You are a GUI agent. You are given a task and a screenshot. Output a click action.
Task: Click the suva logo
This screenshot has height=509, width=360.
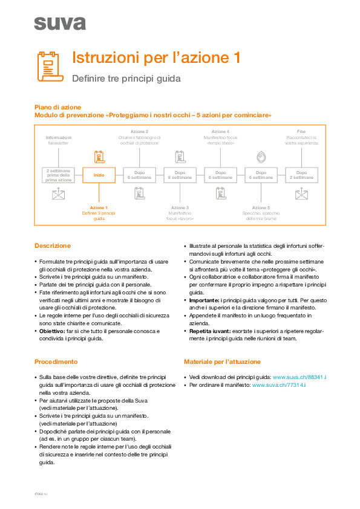(60, 23)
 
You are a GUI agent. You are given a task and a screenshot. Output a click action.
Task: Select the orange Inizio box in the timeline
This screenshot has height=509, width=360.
(99, 175)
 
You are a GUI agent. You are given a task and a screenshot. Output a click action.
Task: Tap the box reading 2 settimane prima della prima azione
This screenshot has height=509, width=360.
(59, 175)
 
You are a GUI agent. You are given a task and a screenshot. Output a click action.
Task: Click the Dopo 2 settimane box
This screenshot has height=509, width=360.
(301, 175)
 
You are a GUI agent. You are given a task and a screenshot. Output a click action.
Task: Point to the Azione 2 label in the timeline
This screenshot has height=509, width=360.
(139, 132)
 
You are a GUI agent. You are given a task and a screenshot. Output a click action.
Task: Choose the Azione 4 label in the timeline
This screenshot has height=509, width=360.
(220, 132)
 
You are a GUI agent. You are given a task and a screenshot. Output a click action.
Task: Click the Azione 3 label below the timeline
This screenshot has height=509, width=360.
(180, 207)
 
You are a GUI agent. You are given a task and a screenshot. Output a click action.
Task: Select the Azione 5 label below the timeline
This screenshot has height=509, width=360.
(261, 207)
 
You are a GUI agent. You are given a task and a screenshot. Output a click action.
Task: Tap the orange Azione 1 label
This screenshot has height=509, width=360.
(99, 207)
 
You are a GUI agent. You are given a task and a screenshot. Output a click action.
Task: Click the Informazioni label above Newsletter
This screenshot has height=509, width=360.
(59, 138)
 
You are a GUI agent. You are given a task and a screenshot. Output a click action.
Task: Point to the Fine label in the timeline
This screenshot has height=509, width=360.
(301, 132)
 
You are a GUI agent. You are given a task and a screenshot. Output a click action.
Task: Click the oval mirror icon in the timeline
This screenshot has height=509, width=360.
(261, 156)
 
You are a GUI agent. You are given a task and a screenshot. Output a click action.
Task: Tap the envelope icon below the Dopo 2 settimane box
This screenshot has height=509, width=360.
(301, 194)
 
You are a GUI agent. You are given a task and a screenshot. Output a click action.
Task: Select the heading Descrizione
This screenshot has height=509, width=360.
(53, 246)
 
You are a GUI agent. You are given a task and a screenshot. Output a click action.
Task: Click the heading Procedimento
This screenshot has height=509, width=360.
(56, 361)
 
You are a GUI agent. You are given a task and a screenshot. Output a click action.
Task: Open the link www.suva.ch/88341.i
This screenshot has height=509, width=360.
(299, 377)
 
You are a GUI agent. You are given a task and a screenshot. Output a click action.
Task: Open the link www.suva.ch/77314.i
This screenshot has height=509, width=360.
(280, 384)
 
